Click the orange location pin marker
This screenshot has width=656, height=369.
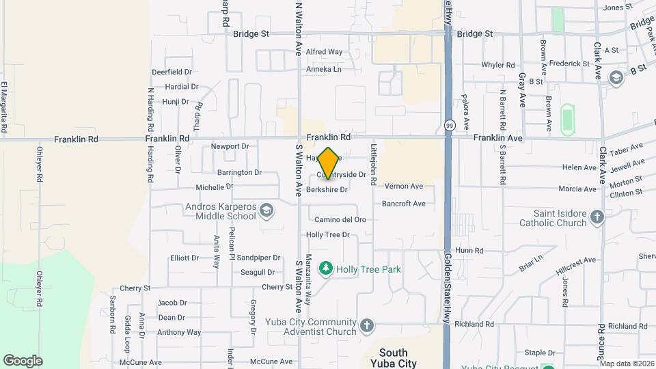[x=329, y=163]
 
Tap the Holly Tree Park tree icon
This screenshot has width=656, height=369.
[x=326, y=269]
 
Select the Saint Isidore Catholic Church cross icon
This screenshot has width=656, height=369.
[x=597, y=218]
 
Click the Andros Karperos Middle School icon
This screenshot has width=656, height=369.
[x=266, y=211]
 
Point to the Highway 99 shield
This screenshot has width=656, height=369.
[x=449, y=125]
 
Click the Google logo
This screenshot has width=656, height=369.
[x=23, y=361]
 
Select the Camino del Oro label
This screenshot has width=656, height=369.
[x=340, y=219]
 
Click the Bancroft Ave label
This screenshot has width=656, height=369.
[x=403, y=204]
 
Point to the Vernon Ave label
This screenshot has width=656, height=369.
[x=404, y=186]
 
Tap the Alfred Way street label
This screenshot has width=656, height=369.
[x=324, y=52]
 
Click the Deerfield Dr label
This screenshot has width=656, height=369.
[x=172, y=71]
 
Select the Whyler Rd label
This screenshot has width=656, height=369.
[x=498, y=65]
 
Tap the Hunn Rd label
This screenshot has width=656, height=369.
[x=469, y=251]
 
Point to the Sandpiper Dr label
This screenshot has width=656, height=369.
[x=259, y=258]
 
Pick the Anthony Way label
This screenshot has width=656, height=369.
[x=179, y=333]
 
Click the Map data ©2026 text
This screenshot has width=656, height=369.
[x=627, y=364]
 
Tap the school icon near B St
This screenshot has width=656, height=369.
[x=616, y=77]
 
